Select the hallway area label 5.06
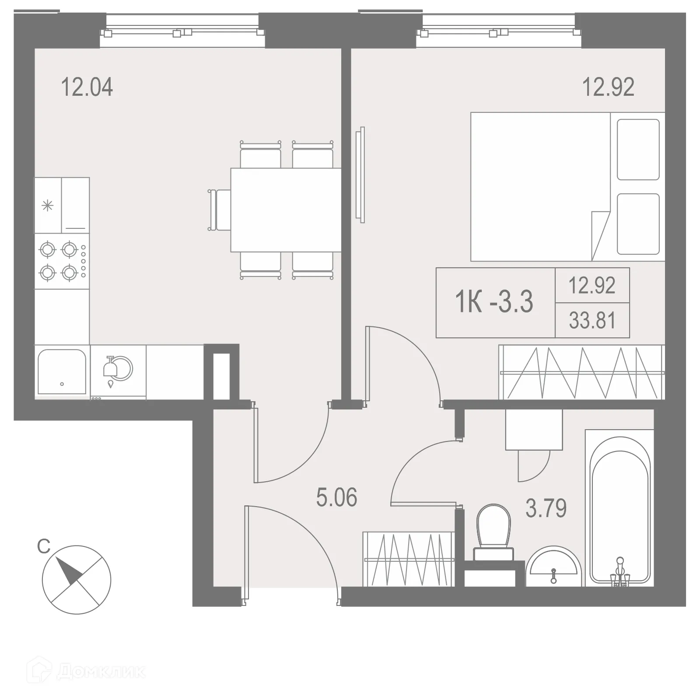click(x=336, y=498)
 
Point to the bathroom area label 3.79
click(x=546, y=508)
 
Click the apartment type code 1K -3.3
click(x=494, y=302)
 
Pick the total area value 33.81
click(x=592, y=321)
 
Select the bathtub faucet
click(x=619, y=569)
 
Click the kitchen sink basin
click(x=62, y=372)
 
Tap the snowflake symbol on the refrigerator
click(x=47, y=205)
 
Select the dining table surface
click(x=285, y=210)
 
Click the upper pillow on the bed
click(x=638, y=149)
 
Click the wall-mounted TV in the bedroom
click(x=360, y=175)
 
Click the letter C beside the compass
click(x=43, y=546)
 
